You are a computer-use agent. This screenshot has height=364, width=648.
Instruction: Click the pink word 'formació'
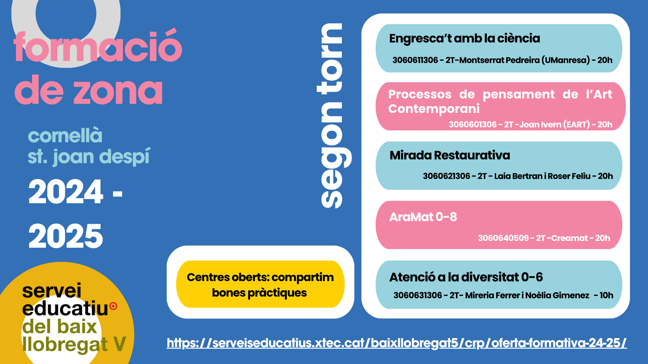[x=98, y=46]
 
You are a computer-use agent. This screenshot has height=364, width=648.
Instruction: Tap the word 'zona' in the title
[x=118, y=90]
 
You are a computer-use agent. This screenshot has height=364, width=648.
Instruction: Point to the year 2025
[x=66, y=236]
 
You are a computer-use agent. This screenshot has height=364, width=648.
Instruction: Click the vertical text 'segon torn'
[x=333, y=116]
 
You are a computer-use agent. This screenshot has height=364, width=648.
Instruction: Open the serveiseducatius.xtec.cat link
[x=397, y=343]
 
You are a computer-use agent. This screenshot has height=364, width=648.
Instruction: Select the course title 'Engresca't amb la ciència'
[x=464, y=38]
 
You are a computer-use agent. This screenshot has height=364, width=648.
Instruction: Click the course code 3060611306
[x=415, y=60]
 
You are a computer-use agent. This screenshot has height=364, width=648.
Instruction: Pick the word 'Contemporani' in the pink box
[x=434, y=109]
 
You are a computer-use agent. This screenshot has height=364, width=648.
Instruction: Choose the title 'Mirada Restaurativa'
[x=450, y=155]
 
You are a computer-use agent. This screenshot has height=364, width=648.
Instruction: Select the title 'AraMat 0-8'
[x=423, y=217]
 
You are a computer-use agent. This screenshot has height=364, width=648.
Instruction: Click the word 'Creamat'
[x=569, y=238]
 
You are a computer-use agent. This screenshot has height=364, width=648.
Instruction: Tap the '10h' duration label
[x=606, y=295]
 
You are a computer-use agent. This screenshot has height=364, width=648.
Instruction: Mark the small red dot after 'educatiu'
[x=114, y=306]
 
